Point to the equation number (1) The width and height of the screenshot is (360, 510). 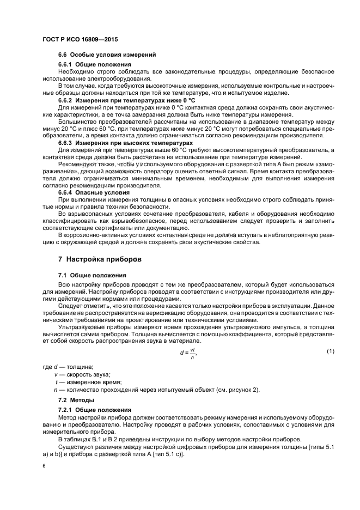(x=330, y=351)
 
